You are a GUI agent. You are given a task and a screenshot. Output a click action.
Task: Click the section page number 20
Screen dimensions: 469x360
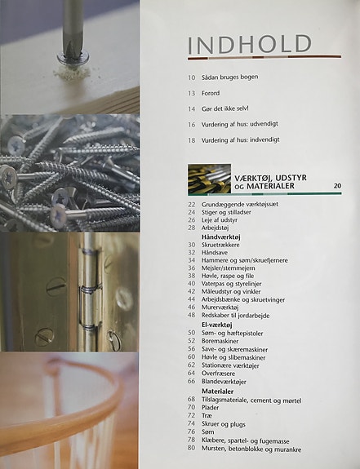pos(337,186)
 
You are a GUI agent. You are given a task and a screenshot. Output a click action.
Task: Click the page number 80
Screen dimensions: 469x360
pos(191,448)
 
